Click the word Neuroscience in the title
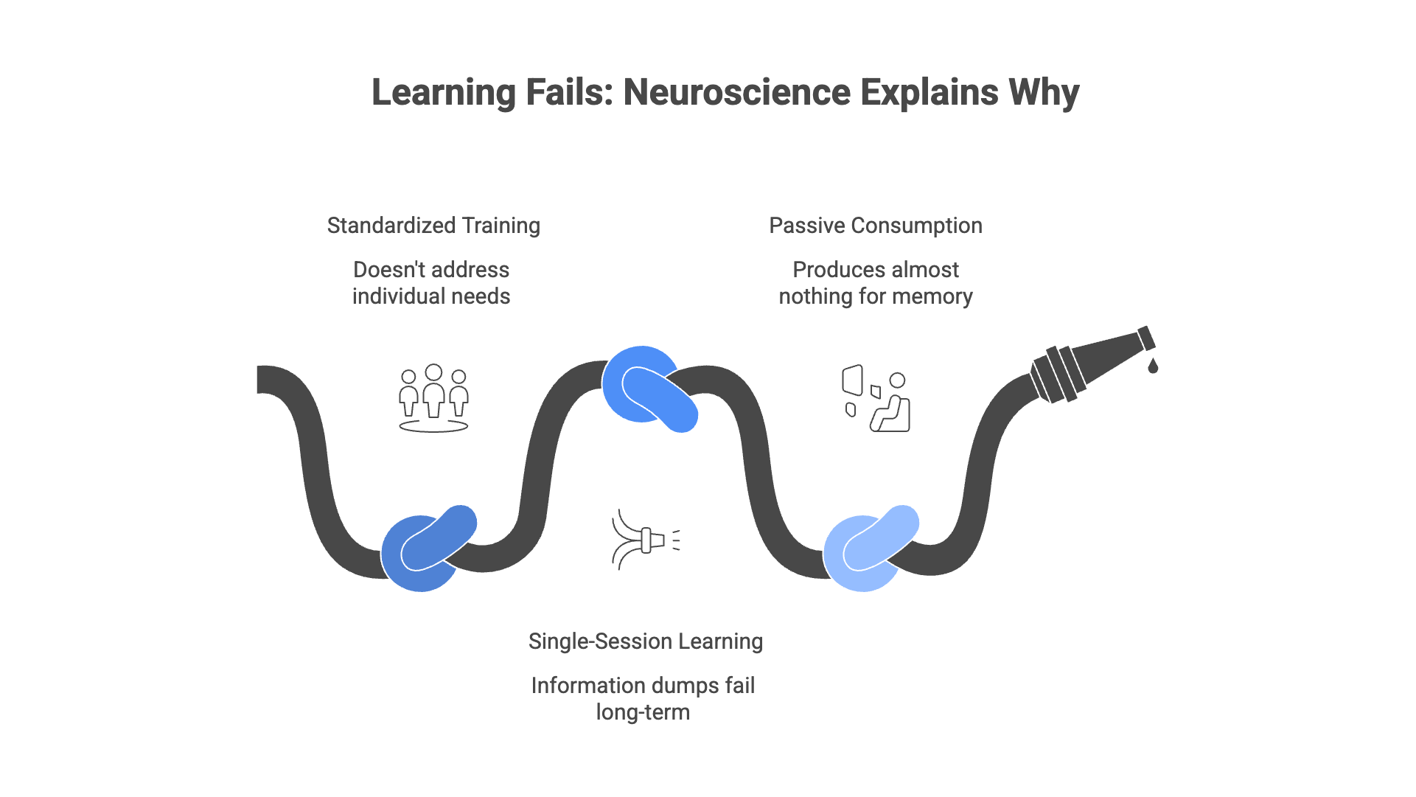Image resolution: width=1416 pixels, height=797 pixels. pyautogui.click(x=737, y=93)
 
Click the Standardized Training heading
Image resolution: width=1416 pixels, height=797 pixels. pyautogui.click(x=433, y=226)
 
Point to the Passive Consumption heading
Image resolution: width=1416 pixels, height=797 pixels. pyautogui.click(x=876, y=226)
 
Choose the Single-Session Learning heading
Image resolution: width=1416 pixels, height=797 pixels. pyautogui.click(x=646, y=641)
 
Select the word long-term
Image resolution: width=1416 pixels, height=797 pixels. pyautogui.click(x=644, y=713)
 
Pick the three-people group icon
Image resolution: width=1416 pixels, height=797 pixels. pyautogui.click(x=433, y=398)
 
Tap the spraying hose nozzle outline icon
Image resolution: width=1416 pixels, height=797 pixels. pyautogui.click(x=646, y=540)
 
